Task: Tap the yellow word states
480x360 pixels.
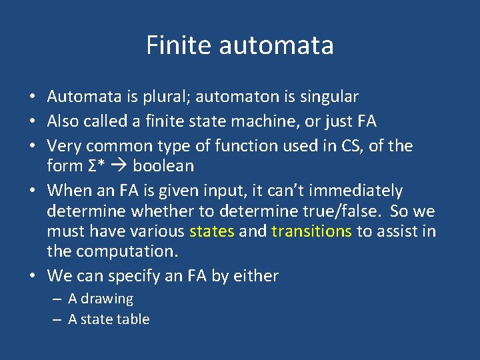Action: click(212, 231)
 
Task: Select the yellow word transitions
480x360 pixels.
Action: click(312, 231)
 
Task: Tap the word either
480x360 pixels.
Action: click(255, 276)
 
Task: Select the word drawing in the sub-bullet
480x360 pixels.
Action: click(107, 299)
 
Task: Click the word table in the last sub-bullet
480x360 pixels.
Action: click(133, 319)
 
